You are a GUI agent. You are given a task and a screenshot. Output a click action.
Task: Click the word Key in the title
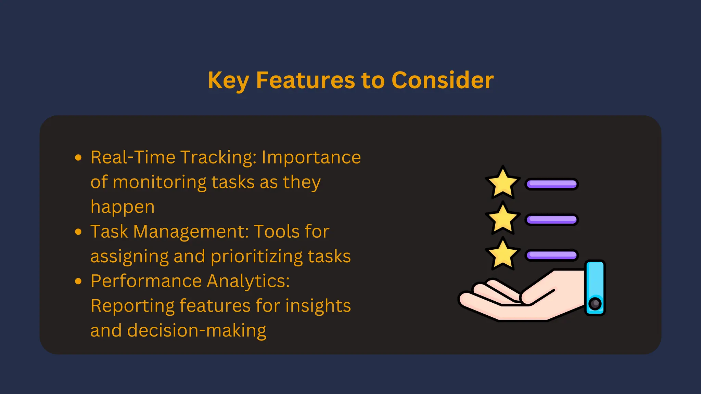pyautogui.click(x=228, y=81)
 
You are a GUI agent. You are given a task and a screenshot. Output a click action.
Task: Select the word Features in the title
pyautogui.click(x=306, y=81)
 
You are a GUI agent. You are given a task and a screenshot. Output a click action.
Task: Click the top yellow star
pyautogui.click(x=502, y=183)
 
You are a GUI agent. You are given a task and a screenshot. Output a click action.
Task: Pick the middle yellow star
pyautogui.click(x=502, y=219)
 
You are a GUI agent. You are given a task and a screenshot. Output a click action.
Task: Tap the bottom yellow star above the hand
pyautogui.click(x=502, y=254)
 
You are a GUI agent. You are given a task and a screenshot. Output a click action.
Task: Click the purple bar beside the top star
pyautogui.click(x=551, y=184)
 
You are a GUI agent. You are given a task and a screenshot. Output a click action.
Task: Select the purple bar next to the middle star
pyautogui.click(x=551, y=220)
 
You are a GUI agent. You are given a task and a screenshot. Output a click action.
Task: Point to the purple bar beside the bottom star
pyautogui.click(x=551, y=255)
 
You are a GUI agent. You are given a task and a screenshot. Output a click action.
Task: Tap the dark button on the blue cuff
pyautogui.click(x=595, y=303)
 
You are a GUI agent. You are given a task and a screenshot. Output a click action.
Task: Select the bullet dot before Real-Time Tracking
pyautogui.click(x=78, y=158)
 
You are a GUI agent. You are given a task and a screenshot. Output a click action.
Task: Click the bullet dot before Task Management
pyautogui.click(x=78, y=232)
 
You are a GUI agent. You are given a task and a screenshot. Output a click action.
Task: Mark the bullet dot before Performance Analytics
pyautogui.click(x=78, y=281)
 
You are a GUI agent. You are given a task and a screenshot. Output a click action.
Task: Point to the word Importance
pyautogui.click(x=311, y=158)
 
